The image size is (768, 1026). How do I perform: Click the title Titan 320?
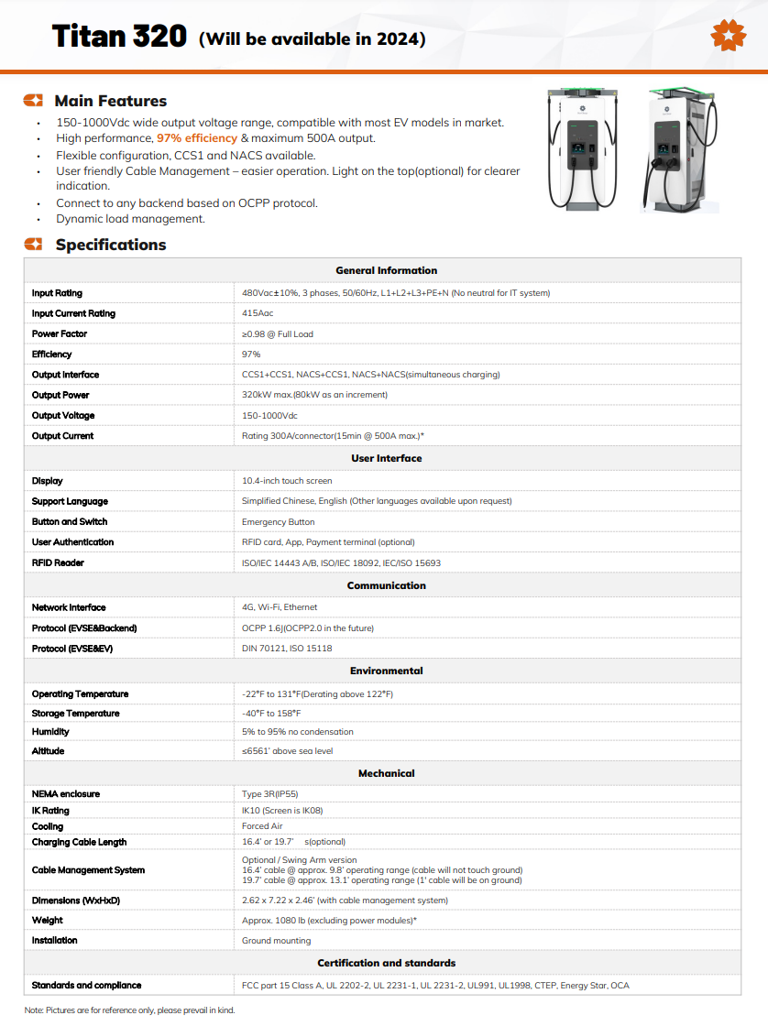coord(121,37)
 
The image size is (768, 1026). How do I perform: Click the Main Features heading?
coord(110,101)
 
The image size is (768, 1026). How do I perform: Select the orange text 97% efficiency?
coord(197,138)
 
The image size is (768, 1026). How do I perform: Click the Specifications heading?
coord(110,245)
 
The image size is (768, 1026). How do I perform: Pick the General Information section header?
coord(386,270)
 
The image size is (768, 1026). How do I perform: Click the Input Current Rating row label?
coord(73,313)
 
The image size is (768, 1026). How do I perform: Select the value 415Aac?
coord(258,313)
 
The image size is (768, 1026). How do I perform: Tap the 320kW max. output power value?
coord(314,395)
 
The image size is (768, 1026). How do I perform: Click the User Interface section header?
coord(386,458)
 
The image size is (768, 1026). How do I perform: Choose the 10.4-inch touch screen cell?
coord(287,481)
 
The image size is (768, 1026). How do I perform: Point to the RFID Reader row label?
coord(59,562)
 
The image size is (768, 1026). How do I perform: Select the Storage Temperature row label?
coord(75,713)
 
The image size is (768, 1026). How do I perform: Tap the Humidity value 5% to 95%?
coord(297,732)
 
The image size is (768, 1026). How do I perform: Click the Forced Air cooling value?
coord(262,826)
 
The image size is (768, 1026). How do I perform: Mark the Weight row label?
coord(48,920)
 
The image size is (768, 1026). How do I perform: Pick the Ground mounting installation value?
coord(276,941)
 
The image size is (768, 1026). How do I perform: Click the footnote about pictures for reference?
coord(129,1010)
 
